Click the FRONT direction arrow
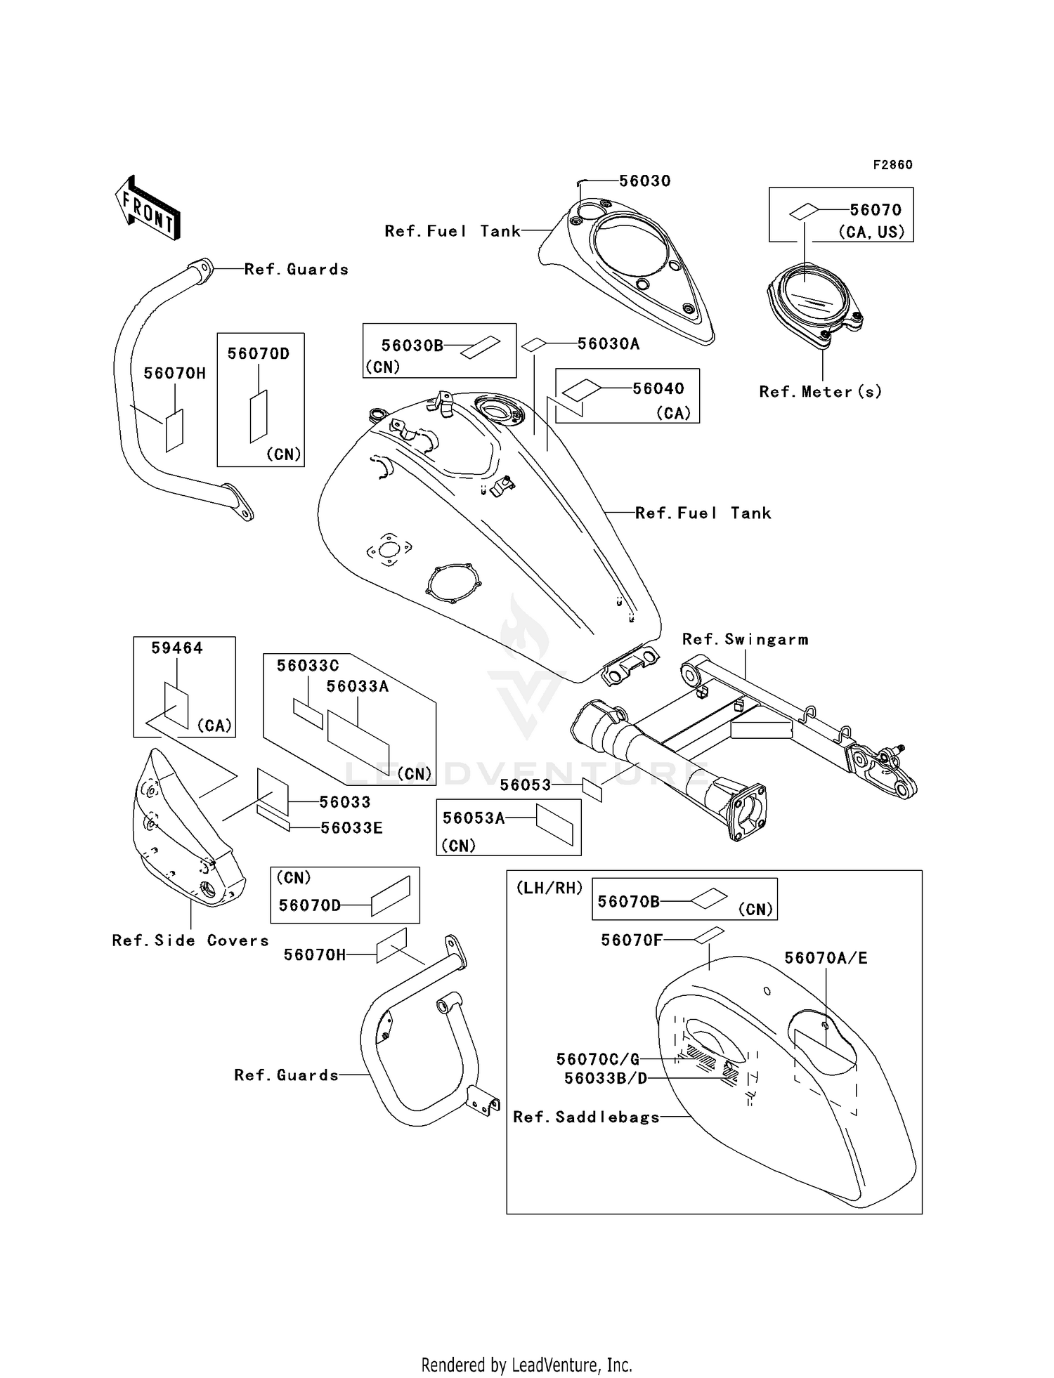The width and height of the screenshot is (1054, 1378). click(148, 209)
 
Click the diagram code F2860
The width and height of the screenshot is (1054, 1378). click(892, 165)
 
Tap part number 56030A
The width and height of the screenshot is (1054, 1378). click(609, 343)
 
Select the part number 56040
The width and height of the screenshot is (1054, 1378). click(658, 388)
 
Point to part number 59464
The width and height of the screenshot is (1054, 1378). click(177, 648)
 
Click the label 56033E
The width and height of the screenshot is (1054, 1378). click(351, 828)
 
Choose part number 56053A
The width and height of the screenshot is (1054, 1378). click(474, 818)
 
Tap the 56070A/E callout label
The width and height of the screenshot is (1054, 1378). click(826, 958)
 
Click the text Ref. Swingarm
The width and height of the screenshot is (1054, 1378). click(745, 639)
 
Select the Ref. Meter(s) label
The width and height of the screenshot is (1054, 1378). click(820, 392)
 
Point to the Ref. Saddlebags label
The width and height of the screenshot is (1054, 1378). click(587, 1117)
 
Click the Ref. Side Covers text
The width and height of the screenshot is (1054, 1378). click(190, 940)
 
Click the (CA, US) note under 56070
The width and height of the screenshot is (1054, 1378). click(871, 232)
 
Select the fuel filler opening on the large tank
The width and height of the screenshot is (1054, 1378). click(499, 408)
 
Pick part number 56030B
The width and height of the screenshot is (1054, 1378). click(412, 346)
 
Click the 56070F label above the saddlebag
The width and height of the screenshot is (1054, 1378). click(632, 940)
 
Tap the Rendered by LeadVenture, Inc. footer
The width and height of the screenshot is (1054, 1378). click(526, 1365)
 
